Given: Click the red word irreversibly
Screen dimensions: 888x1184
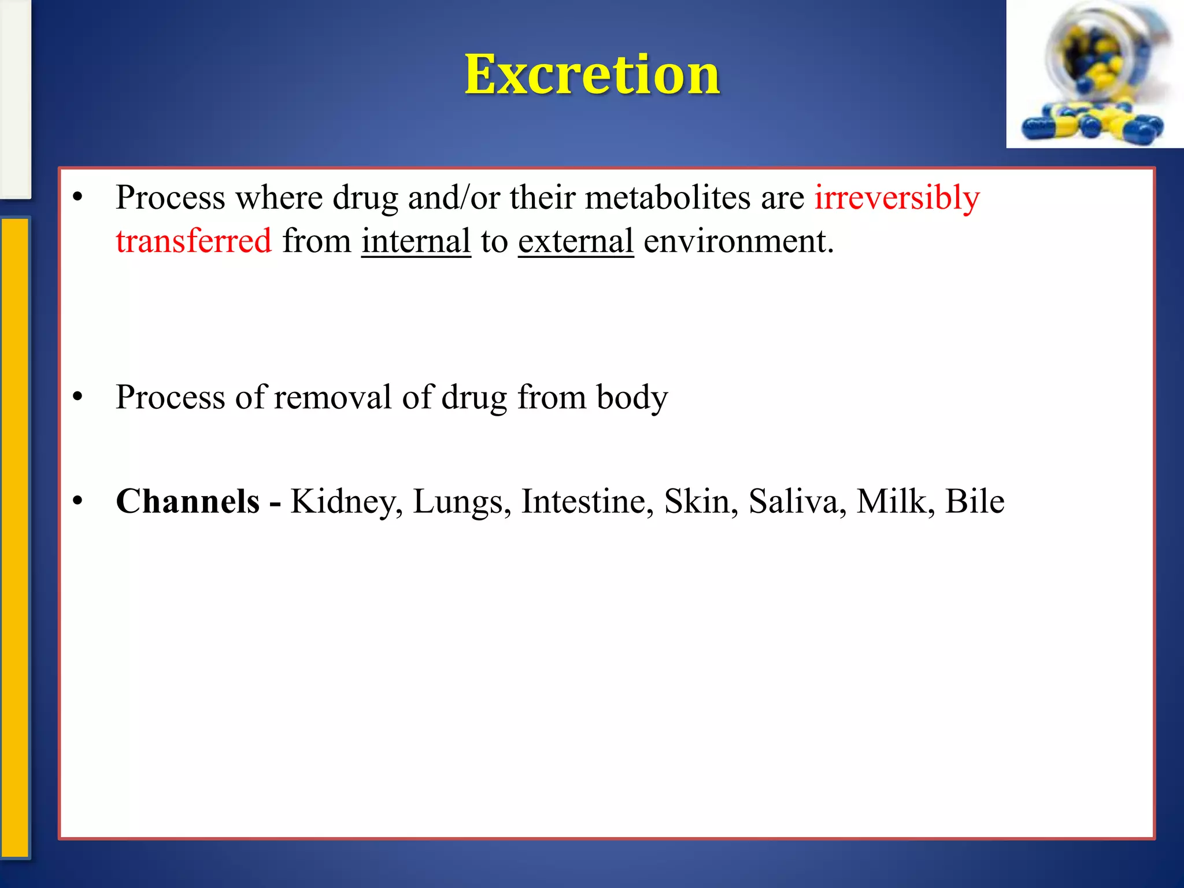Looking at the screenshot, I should (x=897, y=198).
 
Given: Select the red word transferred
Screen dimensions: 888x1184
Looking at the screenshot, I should (x=193, y=241).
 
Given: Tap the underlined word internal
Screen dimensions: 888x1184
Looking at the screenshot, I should (x=416, y=241).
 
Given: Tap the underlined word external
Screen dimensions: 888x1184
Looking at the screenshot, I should (x=575, y=241).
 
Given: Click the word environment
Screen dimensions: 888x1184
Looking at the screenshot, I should (x=738, y=241).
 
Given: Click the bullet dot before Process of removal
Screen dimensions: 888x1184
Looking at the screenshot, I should (x=78, y=397).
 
